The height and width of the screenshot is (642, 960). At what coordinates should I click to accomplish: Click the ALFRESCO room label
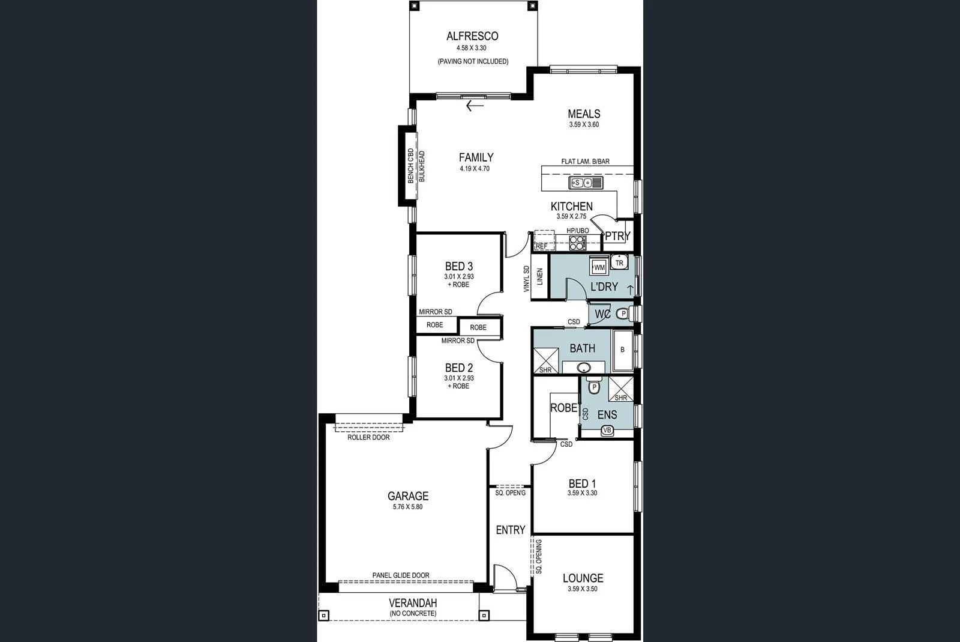tap(472, 36)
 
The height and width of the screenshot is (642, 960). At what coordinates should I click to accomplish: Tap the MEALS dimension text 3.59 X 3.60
tap(584, 125)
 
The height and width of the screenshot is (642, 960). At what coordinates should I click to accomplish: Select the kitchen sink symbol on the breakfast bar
tap(586, 183)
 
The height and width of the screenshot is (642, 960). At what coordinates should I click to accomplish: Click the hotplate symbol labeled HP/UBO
tap(577, 243)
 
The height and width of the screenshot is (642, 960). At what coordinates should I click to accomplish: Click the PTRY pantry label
tap(617, 236)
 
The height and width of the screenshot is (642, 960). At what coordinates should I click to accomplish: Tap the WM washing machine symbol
tap(599, 267)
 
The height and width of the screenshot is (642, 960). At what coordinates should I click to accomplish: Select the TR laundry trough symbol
tap(619, 263)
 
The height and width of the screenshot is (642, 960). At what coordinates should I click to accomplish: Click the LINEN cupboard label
tap(539, 277)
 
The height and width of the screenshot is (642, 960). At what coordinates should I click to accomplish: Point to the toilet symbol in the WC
tap(623, 313)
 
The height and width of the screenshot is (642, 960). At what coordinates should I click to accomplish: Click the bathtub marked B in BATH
tap(622, 350)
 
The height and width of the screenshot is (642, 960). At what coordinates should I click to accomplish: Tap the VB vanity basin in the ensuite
tap(607, 430)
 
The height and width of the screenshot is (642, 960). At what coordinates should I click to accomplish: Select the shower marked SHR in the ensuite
tap(621, 389)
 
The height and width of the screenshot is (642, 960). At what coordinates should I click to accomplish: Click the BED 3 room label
tap(459, 266)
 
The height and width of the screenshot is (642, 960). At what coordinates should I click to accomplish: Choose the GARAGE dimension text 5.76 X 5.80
tap(407, 507)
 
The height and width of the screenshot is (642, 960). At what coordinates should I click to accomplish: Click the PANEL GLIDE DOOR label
tap(401, 575)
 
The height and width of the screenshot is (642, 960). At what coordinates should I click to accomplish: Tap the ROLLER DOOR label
tap(368, 437)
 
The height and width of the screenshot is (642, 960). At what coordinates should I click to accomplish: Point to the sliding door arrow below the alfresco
tap(475, 106)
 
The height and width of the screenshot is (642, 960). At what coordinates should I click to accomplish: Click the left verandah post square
tap(324, 616)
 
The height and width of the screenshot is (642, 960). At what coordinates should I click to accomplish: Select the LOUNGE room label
tap(583, 578)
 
